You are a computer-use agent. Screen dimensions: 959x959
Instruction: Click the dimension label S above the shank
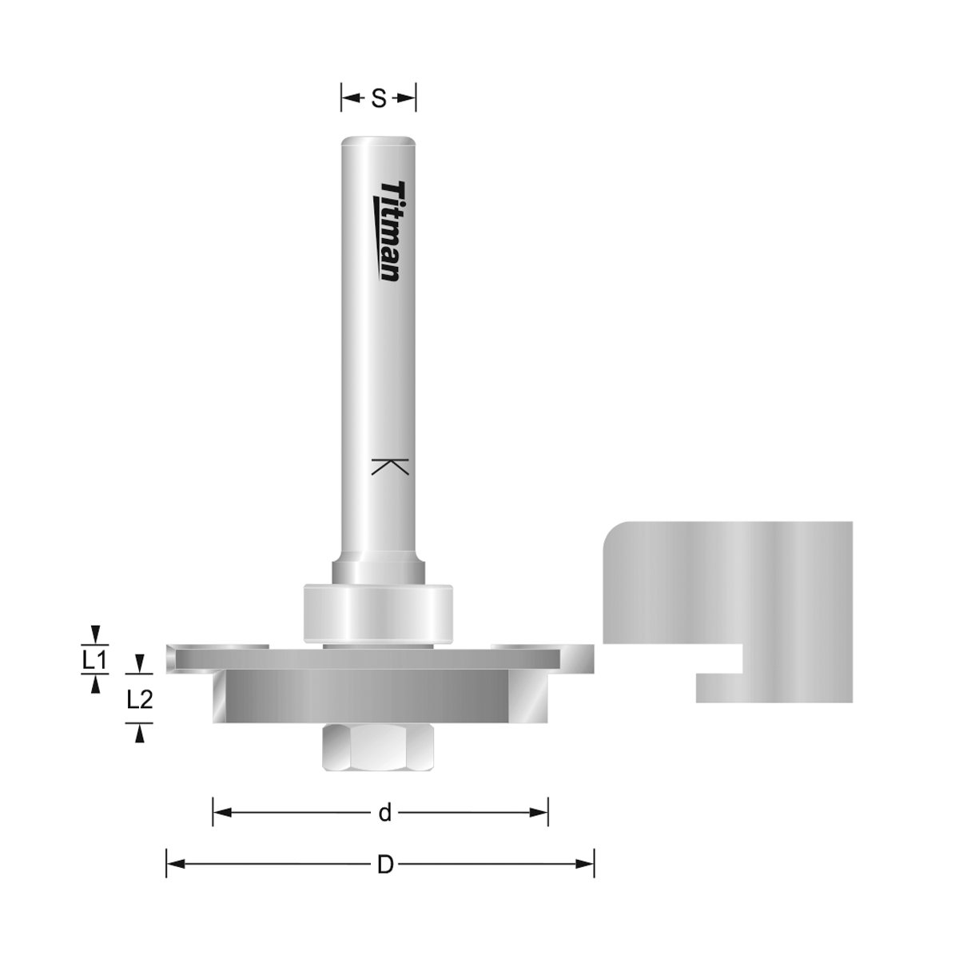pyautogui.click(x=379, y=98)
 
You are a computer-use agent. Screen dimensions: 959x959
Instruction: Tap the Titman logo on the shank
pyautogui.click(x=389, y=231)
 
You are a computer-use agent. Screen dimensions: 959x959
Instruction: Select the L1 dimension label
pyautogui.click(x=95, y=660)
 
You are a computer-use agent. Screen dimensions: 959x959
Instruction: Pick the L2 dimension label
pyautogui.click(x=140, y=700)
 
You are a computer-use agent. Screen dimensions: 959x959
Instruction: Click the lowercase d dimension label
pyautogui.click(x=385, y=813)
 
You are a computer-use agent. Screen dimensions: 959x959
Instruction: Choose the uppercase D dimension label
pyautogui.click(x=385, y=864)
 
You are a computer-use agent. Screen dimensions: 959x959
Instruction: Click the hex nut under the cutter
pyautogui.click(x=377, y=747)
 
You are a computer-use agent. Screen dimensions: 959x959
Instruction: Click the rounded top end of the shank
pyautogui.click(x=379, y=141)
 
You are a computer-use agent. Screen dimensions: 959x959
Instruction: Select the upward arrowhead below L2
pyautogui.click(x=140, y=734)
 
